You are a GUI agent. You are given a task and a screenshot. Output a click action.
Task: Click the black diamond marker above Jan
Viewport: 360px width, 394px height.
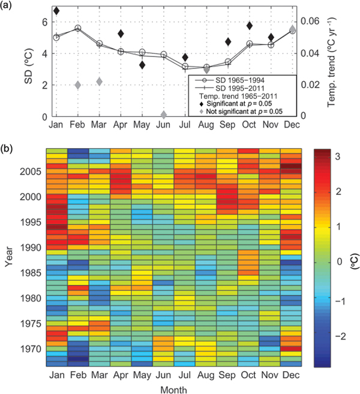pos(56,11)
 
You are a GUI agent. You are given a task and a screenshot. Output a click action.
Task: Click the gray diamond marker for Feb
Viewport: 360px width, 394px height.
pos(78,85)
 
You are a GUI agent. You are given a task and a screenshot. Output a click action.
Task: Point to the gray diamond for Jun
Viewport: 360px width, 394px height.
pos(164,115)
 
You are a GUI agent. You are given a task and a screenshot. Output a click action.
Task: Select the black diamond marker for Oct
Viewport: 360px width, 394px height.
pos(249,26)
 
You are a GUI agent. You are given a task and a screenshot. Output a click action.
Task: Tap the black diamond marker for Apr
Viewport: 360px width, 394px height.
pos(121,34)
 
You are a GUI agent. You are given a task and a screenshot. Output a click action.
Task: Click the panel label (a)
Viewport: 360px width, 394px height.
pos(11,5)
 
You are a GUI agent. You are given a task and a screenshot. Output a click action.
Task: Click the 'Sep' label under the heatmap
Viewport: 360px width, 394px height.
pos(227,374)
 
